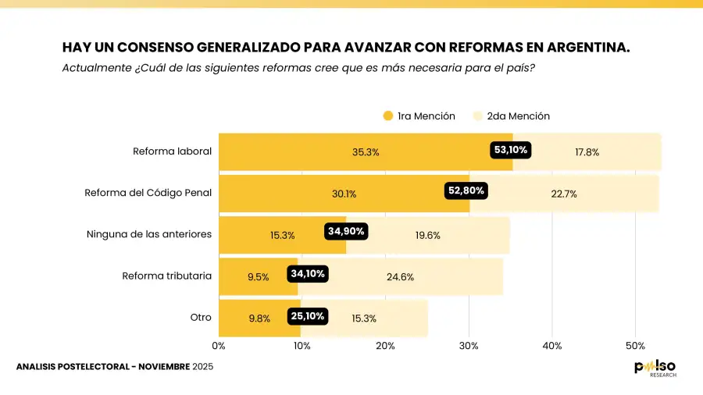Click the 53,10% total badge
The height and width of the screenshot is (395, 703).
click(511, 149)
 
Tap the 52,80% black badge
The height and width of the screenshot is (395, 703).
click(466, 190)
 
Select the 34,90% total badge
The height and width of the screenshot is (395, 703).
click(345, 231)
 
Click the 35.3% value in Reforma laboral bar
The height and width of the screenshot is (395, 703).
click(366, 152)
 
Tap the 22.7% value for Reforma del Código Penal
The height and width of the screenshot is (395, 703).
click(564, 194)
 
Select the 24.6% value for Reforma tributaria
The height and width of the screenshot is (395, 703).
click(400, 276)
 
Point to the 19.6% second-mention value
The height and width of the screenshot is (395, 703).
click(428, 235)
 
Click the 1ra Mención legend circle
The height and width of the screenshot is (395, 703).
click(388, 116)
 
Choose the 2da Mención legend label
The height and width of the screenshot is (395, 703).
click(518, 116)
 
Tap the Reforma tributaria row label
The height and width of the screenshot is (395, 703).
click(166, 276)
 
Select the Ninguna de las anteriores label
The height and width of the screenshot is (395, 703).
click(148, 234)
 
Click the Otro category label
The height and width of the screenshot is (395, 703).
click(201, 318)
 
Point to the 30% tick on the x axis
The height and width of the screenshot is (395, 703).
click(469, 345)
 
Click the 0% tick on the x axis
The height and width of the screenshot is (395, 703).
click(219, 345)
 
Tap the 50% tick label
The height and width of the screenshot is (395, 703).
click(635, 345)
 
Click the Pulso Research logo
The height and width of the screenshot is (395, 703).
click(655, 368)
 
